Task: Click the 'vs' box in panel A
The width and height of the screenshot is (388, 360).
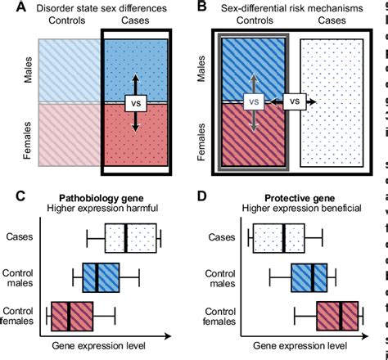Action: point(136,105)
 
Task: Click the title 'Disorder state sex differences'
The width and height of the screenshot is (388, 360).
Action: point(102,9)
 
